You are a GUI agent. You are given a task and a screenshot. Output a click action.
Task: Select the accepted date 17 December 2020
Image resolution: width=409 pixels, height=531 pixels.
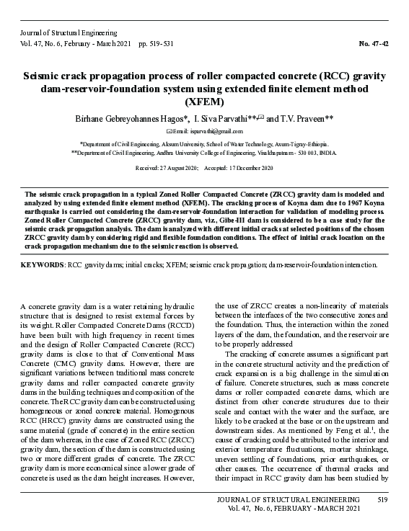coord(250,168)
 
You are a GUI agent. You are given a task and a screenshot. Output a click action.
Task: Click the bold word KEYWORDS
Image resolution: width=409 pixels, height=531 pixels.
coord(43,265)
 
